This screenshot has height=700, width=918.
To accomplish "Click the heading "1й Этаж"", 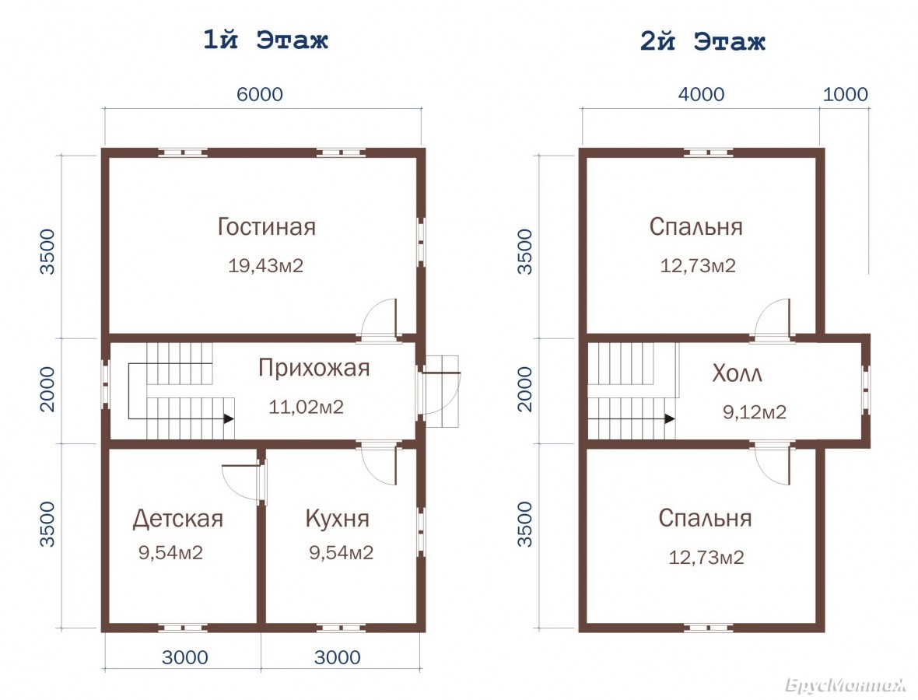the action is tap(265, 40).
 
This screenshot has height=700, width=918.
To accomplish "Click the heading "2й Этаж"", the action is tap(703, 41).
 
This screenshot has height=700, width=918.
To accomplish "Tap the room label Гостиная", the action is tap(266, 226).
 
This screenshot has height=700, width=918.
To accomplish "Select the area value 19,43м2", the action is tap(266, 266).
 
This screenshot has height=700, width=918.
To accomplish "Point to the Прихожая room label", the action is tap(314, 368).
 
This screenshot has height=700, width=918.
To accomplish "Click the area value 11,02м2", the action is tap(307, 407).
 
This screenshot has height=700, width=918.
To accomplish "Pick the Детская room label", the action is tap(178, 519).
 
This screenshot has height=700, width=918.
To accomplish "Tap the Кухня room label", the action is tap(337, 519).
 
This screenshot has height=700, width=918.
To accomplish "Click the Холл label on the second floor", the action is tap(737, 373).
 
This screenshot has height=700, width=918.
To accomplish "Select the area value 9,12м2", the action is tap(755, 412).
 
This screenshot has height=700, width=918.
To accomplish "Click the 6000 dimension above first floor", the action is tap(259, 94).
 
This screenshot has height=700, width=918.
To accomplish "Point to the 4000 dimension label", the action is tap(701, 94).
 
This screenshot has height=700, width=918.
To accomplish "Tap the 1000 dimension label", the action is tap(845, 94).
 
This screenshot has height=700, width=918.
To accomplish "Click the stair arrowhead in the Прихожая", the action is tap(229, 419).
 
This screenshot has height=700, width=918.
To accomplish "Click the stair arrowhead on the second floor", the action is tap(670, 419).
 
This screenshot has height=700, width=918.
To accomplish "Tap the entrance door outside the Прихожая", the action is tap(443, 390).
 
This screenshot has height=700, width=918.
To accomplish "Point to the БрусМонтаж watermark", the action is tap(845, 684).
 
